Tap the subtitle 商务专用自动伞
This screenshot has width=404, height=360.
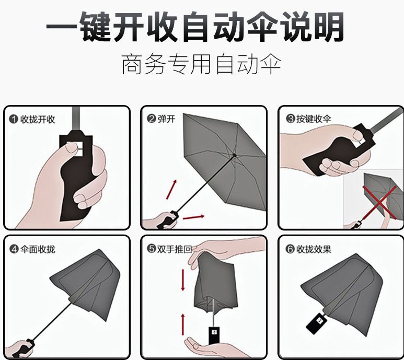click(201, 65)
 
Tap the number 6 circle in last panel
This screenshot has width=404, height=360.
click(290, 249)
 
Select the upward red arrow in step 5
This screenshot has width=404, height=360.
click(182, 324)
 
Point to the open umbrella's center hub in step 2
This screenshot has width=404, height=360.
click(234, 155)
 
